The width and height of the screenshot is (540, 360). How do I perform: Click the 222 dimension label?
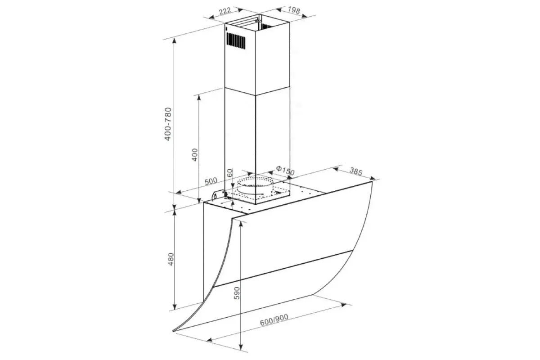point(225,11)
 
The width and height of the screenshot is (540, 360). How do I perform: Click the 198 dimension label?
point(294,10)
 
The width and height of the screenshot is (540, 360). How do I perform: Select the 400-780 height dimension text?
point(168,124)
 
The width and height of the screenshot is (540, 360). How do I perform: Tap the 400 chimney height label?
point(194,154)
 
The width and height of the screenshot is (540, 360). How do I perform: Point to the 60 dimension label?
point(230,172)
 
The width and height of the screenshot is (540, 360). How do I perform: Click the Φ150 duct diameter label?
point(285,171)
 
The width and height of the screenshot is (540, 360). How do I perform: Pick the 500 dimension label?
point(211,181)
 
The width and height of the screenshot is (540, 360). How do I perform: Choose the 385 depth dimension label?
point(356,171)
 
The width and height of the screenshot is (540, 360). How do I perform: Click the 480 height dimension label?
point(171,259)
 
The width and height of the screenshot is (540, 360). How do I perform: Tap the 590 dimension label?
point(237,293)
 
